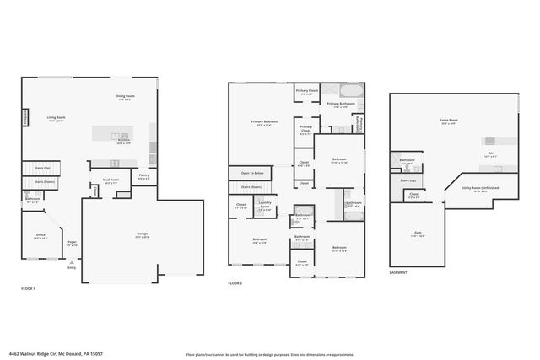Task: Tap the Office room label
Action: pyautogui.click(x=40, y=235)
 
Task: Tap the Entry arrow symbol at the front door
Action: pyautogui.click(x=71, y=262)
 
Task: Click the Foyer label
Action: pyautogui.click(x=72, y=242)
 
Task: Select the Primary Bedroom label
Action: pyautogui.click(x=263, y=122)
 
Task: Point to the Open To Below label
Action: pyautogui.click(x=251, y=172)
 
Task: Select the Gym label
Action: pyautogui.click(x=416, y=236)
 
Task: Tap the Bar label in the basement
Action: pyautogui.click(x=490, y=153)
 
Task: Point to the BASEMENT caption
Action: pyautogui.click(x=398, y=272)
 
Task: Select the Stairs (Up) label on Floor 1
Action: pyautogui.click(x=40, y=169)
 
